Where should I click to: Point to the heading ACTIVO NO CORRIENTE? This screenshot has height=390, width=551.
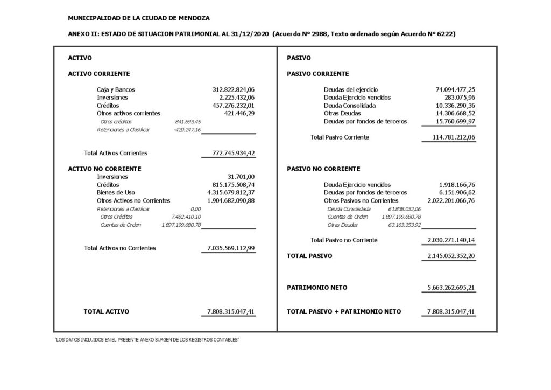click(104, 169)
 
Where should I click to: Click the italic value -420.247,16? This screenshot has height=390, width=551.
click(188, 130)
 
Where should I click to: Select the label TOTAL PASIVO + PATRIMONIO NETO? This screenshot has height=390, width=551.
click(344, 311)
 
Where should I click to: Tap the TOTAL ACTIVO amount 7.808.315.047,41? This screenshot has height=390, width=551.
click(231, 311)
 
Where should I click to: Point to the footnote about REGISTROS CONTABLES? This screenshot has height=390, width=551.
click(147, 339)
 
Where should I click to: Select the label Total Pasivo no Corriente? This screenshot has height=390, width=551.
click(344, 240)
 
